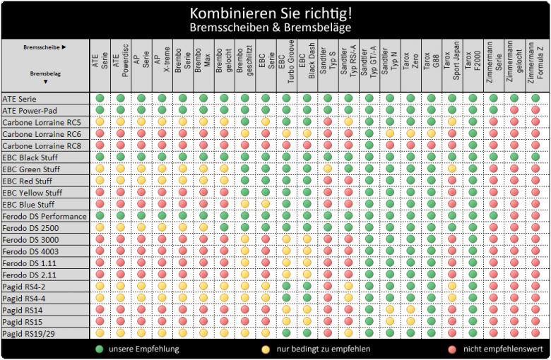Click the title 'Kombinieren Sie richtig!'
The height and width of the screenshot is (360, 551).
click(x=275, y=13)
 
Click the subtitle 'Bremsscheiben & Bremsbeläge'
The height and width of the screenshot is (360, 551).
click(x=275, y=28)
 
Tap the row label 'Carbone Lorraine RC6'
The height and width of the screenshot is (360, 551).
click(x=41, y=134)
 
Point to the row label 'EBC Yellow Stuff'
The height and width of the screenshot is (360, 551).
click(x=32, y=193)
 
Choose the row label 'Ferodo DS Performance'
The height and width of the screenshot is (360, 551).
click(x=44, y=216)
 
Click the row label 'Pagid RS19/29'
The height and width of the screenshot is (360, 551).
click(x=30, y=333)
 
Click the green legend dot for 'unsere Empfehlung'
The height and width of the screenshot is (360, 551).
click(x=100, y=349)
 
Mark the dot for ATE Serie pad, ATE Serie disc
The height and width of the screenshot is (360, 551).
click(x=100, y=99)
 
